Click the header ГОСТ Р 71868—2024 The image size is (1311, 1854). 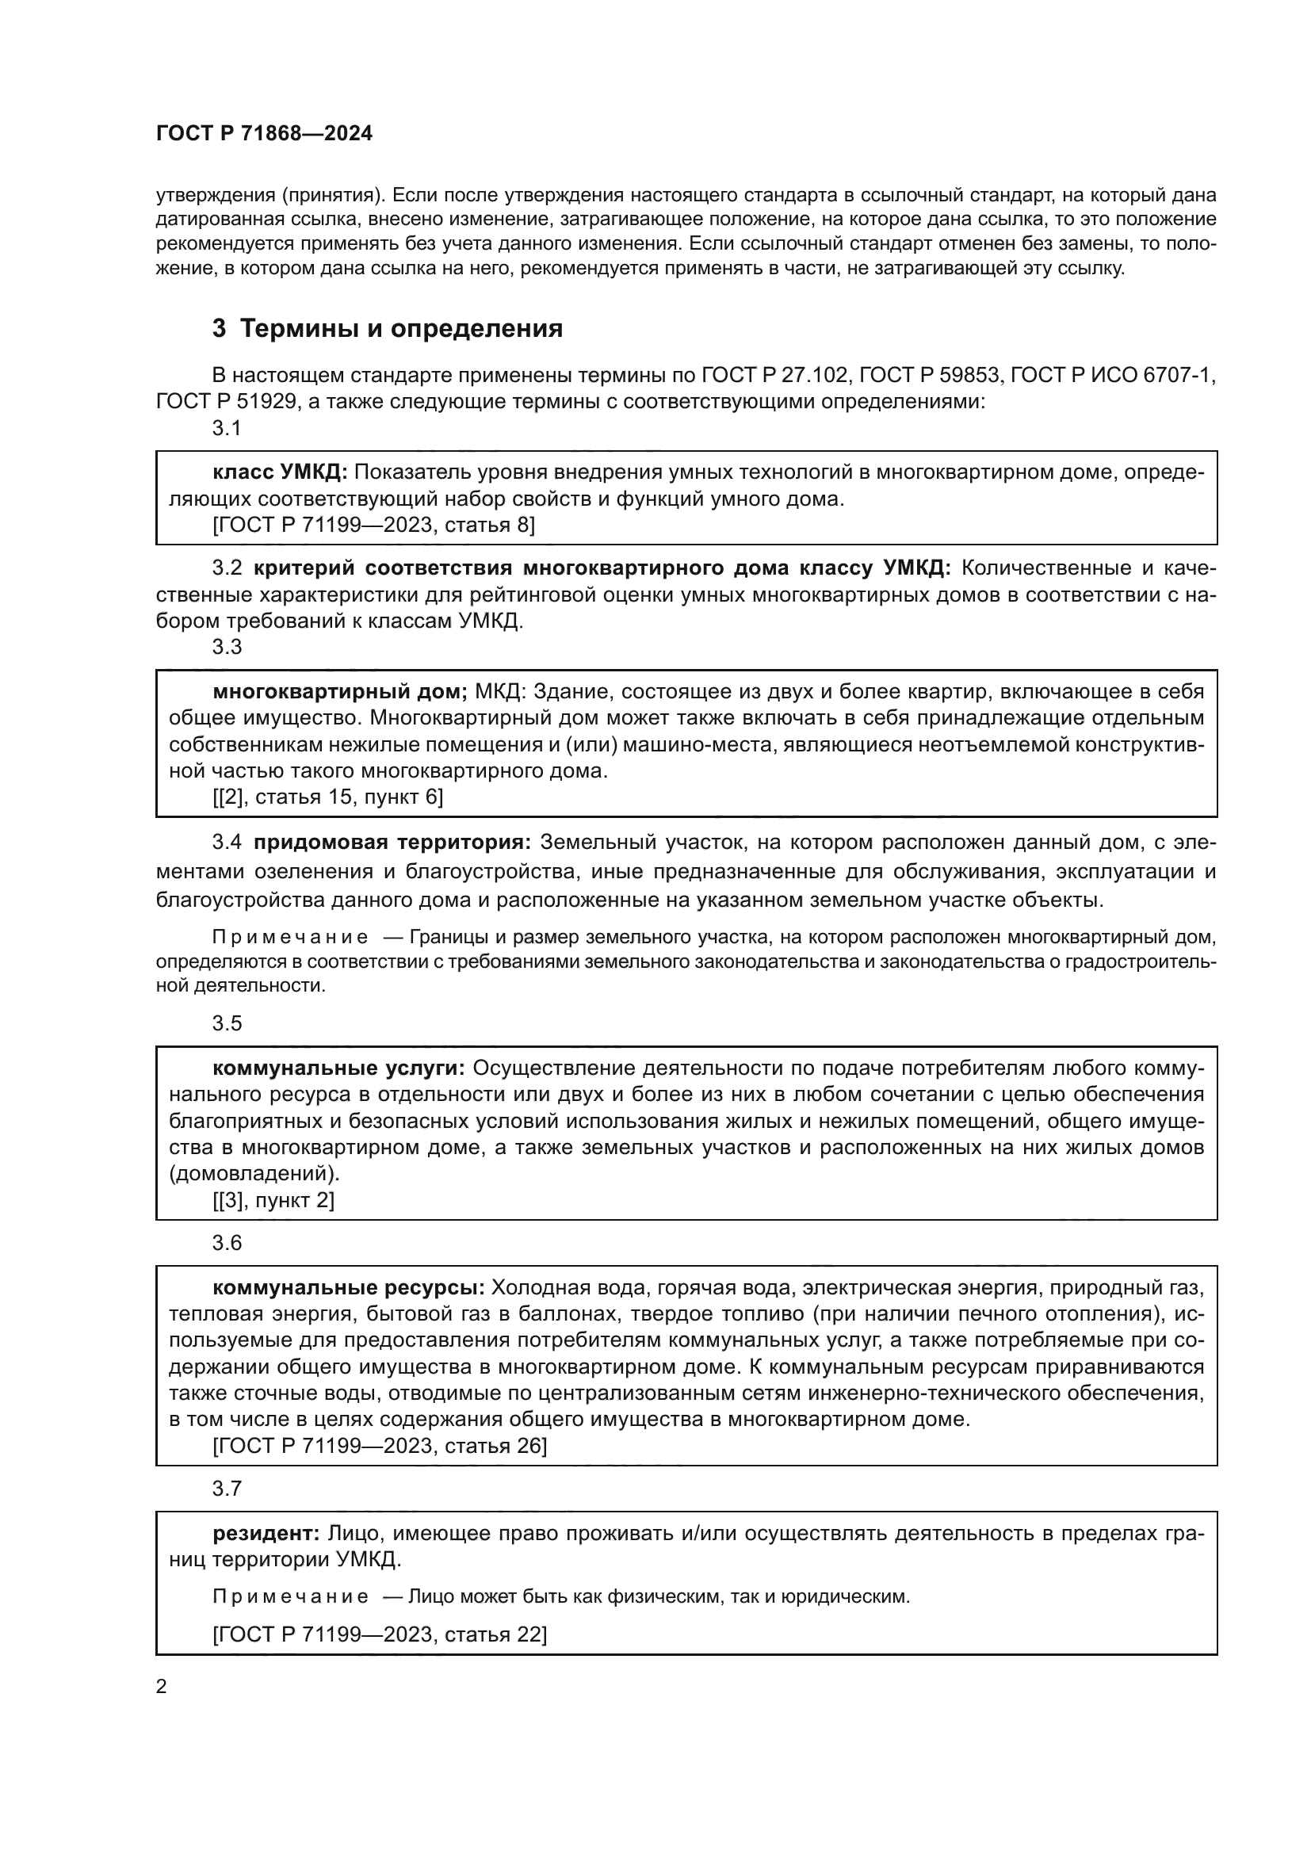pos(264,134)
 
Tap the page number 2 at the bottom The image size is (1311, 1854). pos(162,1687)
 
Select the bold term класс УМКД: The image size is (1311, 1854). pos(279,472)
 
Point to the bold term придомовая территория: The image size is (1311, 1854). pos(392,843)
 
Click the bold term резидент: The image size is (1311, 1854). pos(266,1534)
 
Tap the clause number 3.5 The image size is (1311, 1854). pos(227,1023)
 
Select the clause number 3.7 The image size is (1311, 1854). pos(227,1489)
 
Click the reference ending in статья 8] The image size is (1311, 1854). pos(373,525)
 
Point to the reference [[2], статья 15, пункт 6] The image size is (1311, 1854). pos(328,797)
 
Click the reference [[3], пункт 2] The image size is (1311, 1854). pos(273,1200)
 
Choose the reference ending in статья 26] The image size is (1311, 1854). pos(380,1446)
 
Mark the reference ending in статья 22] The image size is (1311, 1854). pos(380,1635)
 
